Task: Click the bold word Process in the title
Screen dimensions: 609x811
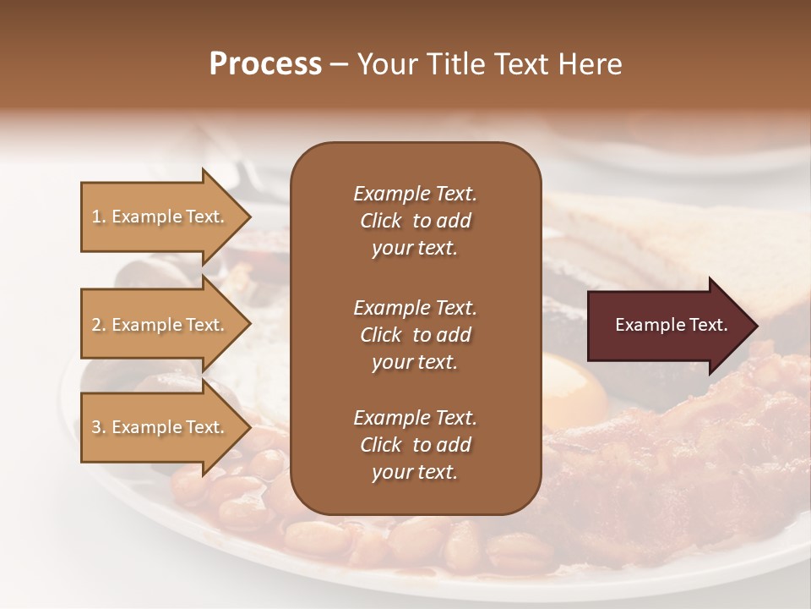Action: click(x=265, y=64)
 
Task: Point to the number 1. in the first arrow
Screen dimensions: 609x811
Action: click(x=98, y=217)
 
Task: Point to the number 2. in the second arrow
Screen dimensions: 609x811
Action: click(x=98, y=325)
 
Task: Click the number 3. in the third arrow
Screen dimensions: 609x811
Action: click(x=98, y=427)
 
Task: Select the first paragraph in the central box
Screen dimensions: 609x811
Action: click(x=415, y=221)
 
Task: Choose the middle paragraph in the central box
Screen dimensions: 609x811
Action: click(x=415, y=334)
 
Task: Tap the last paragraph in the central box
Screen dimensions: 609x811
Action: click(x=415, y=445)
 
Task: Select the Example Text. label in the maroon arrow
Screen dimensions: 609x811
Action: click(x=672, y=325)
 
